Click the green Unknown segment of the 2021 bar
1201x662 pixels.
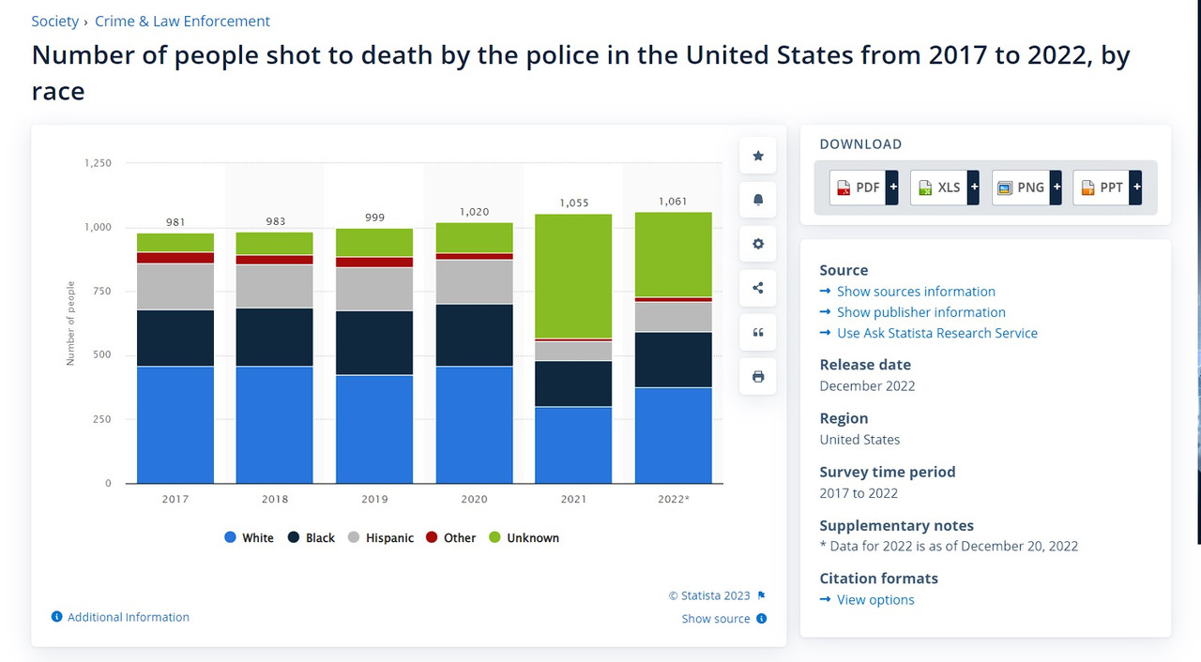(573, 276)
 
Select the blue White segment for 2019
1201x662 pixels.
(374, 429)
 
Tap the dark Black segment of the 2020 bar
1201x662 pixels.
(474, 335)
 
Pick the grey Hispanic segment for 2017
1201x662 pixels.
(175, 286)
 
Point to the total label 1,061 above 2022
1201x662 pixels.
(673, 202)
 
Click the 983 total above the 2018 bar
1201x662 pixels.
(275, 222)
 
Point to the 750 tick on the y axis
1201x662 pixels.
(99, 292)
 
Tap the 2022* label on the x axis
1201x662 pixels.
(673, 499)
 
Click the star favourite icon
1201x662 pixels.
(758, 156)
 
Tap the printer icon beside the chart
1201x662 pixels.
(758, 376)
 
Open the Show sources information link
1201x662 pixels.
(915, 292)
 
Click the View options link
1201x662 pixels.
(874, 600)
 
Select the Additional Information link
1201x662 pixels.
(128, 617)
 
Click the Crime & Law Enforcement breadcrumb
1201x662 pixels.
(182, 21)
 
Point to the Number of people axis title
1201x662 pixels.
(71, 323)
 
